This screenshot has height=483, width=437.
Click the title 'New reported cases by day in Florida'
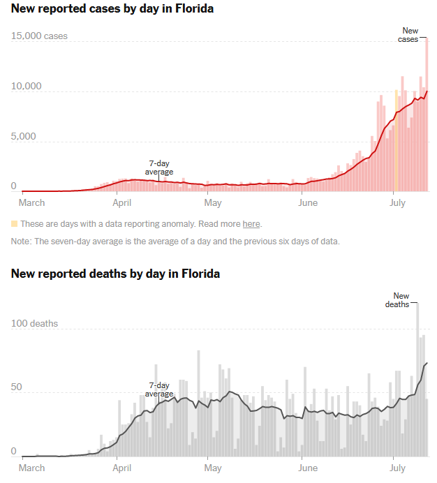112,9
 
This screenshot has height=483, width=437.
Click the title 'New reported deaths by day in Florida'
115,274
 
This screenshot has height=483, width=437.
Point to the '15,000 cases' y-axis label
39,36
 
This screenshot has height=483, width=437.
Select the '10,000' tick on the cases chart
27,87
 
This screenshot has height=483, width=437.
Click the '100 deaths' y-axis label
34,324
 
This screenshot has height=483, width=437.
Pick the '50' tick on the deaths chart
17,387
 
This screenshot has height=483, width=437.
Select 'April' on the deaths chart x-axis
122,468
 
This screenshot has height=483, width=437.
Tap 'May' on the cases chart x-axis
213,203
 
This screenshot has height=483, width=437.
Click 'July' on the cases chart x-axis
397,203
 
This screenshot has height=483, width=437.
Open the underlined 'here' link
251,224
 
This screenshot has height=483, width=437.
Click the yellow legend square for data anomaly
14,224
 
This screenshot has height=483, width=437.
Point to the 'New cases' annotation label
410,35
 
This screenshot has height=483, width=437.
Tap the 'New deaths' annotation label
401,300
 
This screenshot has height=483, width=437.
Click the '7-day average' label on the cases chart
159,168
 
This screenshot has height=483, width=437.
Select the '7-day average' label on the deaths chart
159,389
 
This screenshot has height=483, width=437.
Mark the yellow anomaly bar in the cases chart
396,140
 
